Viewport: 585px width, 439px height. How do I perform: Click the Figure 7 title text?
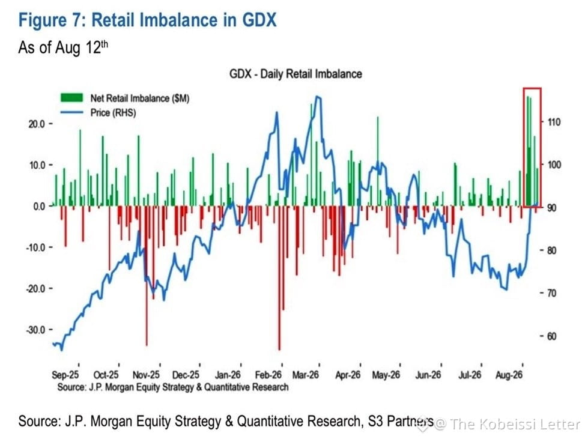coord(147,20)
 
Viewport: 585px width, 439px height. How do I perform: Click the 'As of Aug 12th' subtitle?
coord(63,47)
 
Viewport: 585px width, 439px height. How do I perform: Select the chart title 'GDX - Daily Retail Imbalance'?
coord(296,74)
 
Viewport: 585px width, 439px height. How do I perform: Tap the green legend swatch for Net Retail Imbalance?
coord(71,98)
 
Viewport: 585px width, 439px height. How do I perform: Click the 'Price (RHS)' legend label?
coord(113,113)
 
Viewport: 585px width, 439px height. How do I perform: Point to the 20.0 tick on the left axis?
coord(37,124)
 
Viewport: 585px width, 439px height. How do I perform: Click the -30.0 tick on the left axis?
coord(36,330)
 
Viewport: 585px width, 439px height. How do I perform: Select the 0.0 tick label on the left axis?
coord(39,206)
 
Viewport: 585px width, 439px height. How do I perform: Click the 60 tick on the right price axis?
coord(551,336)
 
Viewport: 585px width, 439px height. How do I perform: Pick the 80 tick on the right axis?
coord(551,250)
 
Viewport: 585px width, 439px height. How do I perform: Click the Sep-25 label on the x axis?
coord(65,375)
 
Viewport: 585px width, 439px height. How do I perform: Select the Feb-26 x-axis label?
coord(268,375)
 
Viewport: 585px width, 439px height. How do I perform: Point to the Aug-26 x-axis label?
coord(509,375)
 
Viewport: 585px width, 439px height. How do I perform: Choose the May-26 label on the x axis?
coord(386,375)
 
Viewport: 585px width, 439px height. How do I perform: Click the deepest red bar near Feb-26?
coord(279,278)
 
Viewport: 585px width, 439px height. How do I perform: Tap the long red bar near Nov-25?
coord(147,276)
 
